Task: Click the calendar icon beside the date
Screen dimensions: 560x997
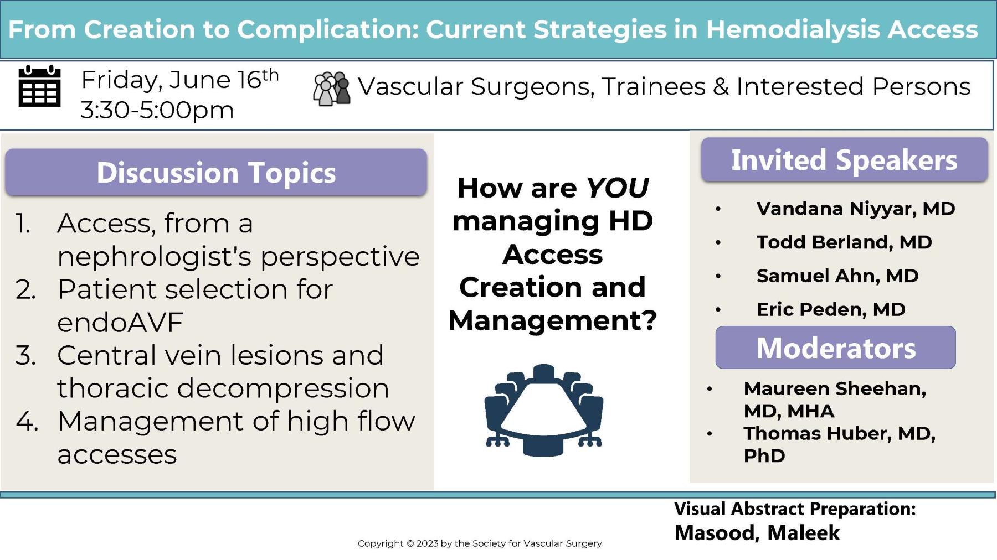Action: click(39, 86)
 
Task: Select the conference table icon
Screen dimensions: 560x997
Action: click(543, 410)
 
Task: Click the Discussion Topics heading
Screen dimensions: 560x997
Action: click(216, 173)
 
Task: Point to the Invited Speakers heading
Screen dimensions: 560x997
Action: click(844, 160)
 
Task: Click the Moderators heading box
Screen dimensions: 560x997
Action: click(835, 348)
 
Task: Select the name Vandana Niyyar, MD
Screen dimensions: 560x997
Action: click(855, 209)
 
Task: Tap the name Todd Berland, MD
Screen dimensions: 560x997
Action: click(844, 242)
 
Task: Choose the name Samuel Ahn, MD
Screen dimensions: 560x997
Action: click(837, 276)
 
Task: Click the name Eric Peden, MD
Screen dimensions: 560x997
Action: click(830, 309)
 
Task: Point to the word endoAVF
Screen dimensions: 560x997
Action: click(120, 323)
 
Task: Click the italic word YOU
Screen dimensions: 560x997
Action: click(617, 188)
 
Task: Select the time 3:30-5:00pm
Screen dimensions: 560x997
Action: click(157, 110)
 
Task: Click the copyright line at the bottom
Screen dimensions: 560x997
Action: click(479, 543)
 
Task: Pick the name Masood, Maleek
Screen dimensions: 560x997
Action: click(757, 533)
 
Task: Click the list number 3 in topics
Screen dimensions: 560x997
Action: click(25, 355)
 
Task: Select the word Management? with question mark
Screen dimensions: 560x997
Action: click(552, 320)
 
